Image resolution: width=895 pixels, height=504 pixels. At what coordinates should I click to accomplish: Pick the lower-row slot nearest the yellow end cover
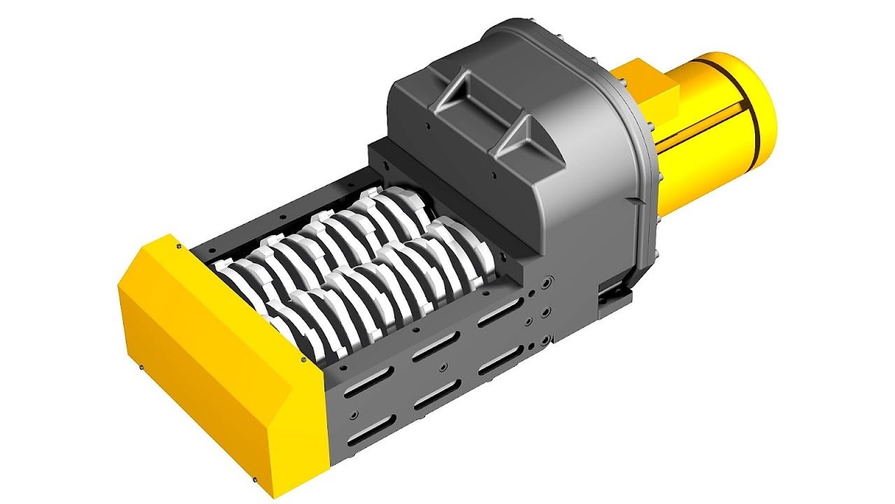coord(371,433)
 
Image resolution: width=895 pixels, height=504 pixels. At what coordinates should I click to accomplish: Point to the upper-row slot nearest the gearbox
coord(500,314)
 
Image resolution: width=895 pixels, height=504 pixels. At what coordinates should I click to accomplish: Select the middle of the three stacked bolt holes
coord(546,310)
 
